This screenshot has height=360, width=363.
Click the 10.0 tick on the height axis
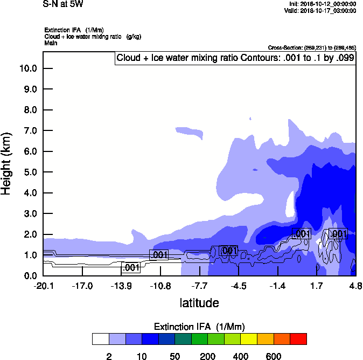tap(28, 68)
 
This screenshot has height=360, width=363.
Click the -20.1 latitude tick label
tap(43, 286)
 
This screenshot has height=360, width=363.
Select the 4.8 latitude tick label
tap(354, 286)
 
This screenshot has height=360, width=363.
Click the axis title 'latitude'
tap(199, 303)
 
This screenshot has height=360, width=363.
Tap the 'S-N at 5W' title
tap(63, 4)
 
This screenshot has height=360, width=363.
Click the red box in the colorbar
tap(298, 339)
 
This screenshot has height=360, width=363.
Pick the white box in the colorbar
tap(100, 339)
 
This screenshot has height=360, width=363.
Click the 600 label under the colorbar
tap(274, 356)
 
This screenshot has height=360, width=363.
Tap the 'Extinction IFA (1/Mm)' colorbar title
tap(199, 327)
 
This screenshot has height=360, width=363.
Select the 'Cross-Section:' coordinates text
tap(311, 48)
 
